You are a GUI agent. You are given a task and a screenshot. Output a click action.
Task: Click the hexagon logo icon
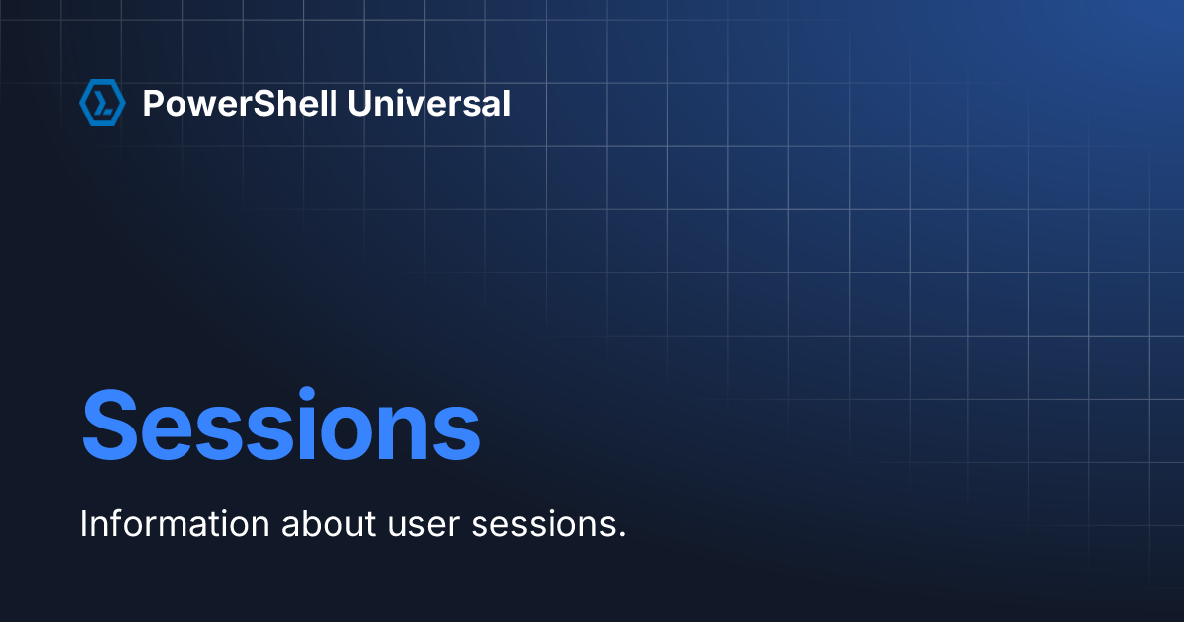[103, 103]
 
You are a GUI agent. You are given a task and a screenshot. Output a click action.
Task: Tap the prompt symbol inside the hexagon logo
[103, 103]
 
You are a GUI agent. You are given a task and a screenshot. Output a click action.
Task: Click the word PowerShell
[240, 103]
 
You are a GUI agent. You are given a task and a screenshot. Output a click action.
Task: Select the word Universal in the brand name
[429, 103]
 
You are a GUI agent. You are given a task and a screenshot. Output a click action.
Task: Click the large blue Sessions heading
[280, 425]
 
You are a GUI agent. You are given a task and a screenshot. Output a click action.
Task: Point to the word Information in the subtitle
[175, 524]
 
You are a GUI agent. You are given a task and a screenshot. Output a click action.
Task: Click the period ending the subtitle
[621, 534]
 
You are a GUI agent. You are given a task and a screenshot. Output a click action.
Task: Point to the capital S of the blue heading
[110, 426]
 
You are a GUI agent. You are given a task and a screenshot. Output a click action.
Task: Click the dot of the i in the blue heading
[307, 395]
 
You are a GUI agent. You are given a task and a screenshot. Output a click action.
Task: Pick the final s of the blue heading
[456, 433]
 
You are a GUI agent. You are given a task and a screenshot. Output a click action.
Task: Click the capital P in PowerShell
[154, 103]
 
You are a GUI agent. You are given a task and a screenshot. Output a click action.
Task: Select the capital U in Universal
[359, 103]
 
